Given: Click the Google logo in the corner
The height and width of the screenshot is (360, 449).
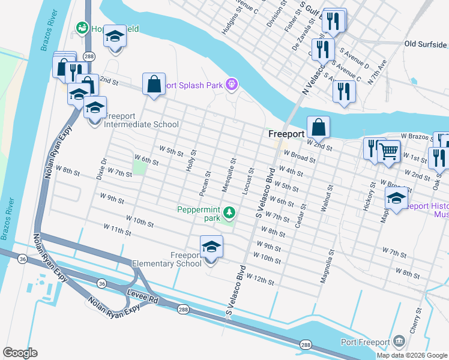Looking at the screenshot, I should click(20, 353).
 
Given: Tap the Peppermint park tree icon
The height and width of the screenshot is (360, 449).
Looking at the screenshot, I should click(229, 212).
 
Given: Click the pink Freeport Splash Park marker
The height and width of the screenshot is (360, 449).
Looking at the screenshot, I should click(231, 85).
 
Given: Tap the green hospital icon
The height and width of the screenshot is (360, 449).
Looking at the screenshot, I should click(81, 28).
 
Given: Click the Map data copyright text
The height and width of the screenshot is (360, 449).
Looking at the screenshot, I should click(411, 355).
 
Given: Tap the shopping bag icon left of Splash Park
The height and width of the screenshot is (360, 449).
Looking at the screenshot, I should click(154, 84).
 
